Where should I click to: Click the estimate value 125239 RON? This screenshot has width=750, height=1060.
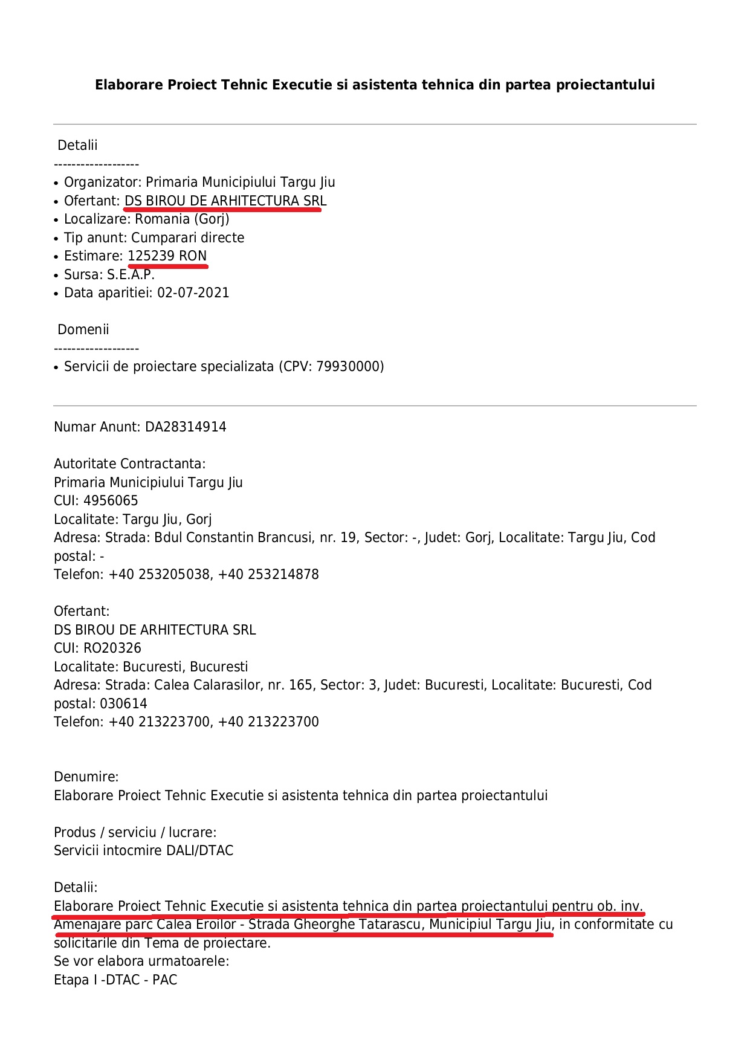[167, 256]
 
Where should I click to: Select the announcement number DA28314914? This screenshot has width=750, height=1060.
[186, 427]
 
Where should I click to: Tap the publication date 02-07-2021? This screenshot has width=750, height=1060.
[193, 293]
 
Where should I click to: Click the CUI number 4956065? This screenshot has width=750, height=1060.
[111, 501]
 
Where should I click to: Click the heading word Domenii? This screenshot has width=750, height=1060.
[83, 330]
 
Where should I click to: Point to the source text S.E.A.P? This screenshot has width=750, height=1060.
[131, 275]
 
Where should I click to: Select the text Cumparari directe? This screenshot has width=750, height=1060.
[187, 238]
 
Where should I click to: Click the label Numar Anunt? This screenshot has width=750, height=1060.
[97, 427]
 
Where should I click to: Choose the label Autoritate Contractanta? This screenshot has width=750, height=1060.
[129, 464]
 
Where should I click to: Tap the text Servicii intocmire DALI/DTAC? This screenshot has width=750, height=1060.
[143, 851]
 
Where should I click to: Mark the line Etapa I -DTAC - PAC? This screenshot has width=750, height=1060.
[115, 980]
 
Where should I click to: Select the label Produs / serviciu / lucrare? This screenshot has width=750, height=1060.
[135, 833]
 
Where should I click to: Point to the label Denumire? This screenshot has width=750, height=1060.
[86, 777]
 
